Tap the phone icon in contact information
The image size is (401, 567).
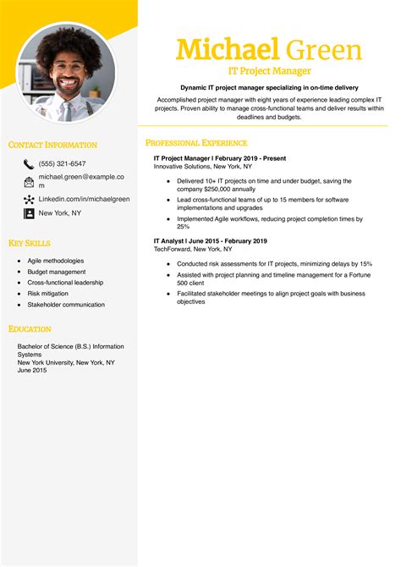tap(29, 164)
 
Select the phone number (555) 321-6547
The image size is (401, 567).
tap(63, 163)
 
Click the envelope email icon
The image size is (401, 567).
tap(29, 181)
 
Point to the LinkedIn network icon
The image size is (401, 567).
tap(29, 200)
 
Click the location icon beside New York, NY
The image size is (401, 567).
tap(29, 214)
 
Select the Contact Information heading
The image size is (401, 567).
tap(52, 145)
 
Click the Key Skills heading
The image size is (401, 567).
tap(30, 243)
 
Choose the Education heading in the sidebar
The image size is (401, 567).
tap(30, 328)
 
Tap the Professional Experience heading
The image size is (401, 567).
tap(196, 143)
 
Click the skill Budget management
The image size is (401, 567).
tap(57, 272)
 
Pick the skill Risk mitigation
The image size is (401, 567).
tap(49, 293)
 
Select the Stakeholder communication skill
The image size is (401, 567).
tap(66, 304)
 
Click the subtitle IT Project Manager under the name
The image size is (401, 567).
tap(269, 71)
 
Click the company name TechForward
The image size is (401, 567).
tap(174, 250)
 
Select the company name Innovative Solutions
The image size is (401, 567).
tap(184, 166)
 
